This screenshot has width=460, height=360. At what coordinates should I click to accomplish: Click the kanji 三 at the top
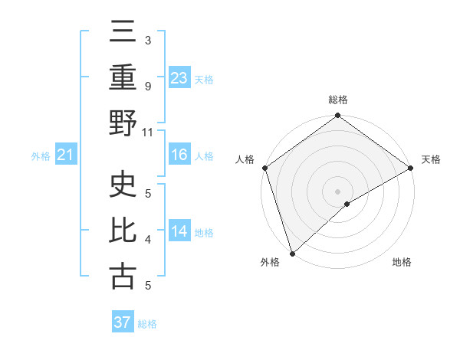pos(123,33)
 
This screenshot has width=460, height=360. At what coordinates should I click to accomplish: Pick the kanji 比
pos(123,230)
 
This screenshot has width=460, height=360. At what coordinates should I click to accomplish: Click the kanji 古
pos(123,276)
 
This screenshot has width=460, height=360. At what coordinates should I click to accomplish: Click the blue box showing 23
pos(179,78)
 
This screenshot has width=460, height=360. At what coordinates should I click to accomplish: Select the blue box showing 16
pos(179,155)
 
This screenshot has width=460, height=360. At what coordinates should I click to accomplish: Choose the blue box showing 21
pos(66,155)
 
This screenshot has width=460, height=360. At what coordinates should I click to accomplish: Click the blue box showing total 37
pos(123,322)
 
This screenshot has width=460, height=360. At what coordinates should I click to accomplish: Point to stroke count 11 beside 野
pos(148,132)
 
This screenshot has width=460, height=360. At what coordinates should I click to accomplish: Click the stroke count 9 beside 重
pos(148,87)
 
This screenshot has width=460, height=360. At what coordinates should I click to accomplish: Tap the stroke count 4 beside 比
pos(148,239)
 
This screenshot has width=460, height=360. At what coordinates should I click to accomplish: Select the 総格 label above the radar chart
pos(338,100)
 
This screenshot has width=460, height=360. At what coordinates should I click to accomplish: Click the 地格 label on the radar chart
pos(402,262)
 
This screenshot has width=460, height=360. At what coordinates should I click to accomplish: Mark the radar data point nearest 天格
pos(411,168)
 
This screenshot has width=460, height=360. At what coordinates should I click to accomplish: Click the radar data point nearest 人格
pos(264,168)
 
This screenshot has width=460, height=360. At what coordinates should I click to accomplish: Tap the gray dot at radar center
pos(338,191)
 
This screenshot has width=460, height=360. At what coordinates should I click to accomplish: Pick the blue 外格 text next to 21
pos(41,156)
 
